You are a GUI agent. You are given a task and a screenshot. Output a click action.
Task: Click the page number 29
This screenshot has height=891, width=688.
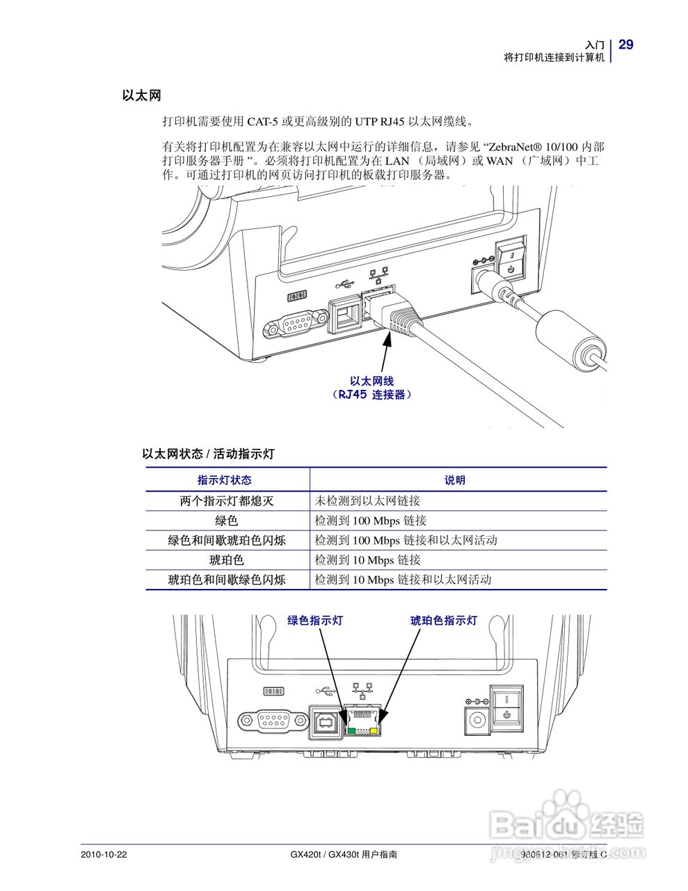pyautogui.click(x=625, y=45)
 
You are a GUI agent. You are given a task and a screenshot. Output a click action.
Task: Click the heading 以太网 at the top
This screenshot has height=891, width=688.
pyautogui.click(x=141, y=96)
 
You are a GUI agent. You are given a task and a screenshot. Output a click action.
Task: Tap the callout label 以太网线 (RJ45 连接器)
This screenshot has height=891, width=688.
pyautogui.click(x=371, y=388)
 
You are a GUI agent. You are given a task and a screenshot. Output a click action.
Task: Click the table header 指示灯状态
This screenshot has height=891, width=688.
pyautogui.click(x=225, y=480)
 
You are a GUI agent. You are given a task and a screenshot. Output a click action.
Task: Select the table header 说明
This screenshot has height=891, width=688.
pyautogui.click(x=455, y=480)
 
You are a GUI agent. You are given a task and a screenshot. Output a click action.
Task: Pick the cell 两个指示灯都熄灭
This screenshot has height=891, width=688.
pyautogui.click(x=227, y=501)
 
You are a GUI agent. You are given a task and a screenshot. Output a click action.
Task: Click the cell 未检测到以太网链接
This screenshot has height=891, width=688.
pyautogui.click(x=367, y=501)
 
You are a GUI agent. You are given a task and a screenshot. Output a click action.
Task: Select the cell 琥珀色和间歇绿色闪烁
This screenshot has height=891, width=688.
pyautogui.click(x=227, y=579)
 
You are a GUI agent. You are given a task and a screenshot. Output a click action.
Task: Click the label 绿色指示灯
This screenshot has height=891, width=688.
pyautogui.click(x=315, y=620)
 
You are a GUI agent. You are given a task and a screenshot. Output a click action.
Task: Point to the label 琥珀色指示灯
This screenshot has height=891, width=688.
pyautogui.click(x=444, y=620)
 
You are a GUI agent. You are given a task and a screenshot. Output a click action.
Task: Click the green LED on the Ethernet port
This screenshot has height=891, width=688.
pyautogui.click(x=352, y=730)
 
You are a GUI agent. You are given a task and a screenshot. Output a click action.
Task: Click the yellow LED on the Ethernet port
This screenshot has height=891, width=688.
pyautogui.click(x=376, y=730)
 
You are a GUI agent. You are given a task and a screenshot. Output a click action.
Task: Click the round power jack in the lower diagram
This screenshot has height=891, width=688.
pyautogui.click(x=477, y=720)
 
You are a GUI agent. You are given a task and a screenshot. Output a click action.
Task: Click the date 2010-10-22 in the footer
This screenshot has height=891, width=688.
pyautogui.click(x=104, y=854)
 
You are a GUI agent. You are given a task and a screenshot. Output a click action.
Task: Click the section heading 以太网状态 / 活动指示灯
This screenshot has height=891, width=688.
pyautogui.click(x=209, y=454)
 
